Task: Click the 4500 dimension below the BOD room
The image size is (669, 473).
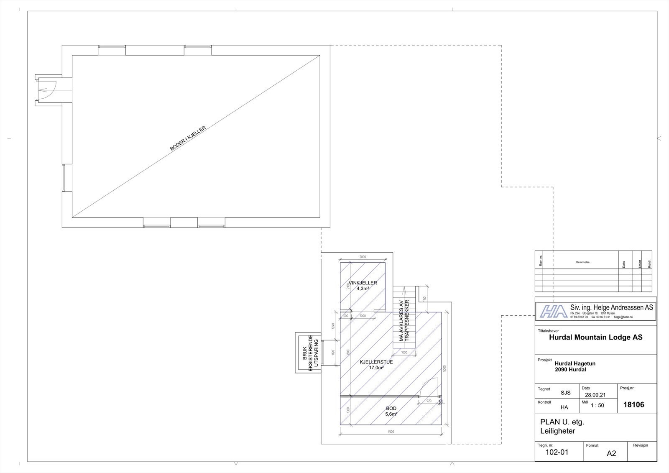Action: [x=391, y=432]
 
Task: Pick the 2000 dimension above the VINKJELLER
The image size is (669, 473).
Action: [x=363, y=257]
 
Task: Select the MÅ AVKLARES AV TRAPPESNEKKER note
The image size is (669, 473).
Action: [x=404, y=321]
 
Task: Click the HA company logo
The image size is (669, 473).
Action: [x=552, y=312]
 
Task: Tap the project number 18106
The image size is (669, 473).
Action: [x=633, y=404]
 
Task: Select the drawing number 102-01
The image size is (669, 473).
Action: [x=557, y=452]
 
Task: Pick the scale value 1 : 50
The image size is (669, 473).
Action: [x=597, y=405]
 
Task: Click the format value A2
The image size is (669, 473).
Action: [x=611, y=453]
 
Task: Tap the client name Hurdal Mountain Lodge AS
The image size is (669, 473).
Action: [x=595, y=337]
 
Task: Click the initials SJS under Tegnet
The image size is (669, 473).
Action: [x=565, y=393]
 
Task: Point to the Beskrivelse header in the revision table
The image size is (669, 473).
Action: [x=582, y=262]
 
